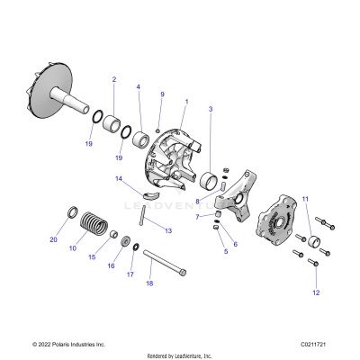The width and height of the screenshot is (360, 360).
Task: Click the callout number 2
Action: (114, 80)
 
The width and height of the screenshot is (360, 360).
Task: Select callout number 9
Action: (162, 94)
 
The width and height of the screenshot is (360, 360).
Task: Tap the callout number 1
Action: (186, 101)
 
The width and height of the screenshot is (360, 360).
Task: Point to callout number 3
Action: (211, 109)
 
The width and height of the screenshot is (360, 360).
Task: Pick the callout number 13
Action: (168, 230)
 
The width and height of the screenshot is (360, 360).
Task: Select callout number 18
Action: (149, 283)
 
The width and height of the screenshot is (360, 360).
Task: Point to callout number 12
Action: (316, 293)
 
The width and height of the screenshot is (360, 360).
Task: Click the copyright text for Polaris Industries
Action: (68, 344)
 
